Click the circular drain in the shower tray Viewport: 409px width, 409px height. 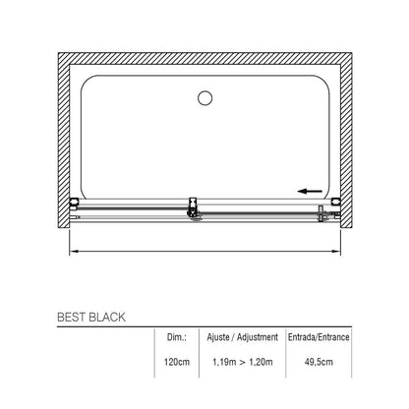point(204,97)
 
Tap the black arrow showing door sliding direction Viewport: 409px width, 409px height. point(310,191)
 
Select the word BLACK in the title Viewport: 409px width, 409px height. point(107,318)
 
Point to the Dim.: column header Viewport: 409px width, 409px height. point(177,337)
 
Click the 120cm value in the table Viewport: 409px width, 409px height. point(177,362)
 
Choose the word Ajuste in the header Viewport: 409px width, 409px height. point(218,337)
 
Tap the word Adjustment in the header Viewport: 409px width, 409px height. point(258,337)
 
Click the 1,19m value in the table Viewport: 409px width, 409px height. point(224,362)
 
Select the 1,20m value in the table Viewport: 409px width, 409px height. point(261,362)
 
